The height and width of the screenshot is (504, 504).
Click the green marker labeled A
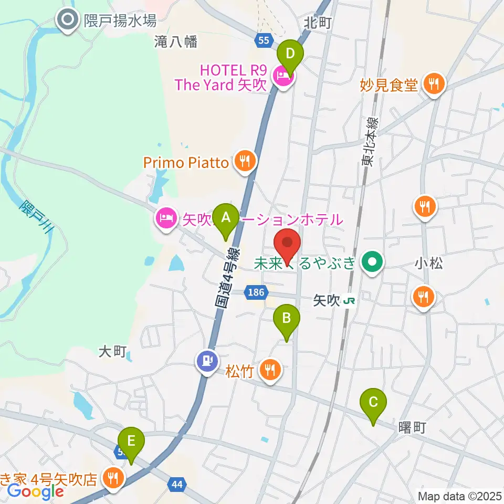point(226,217)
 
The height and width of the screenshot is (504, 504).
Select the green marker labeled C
point(373,403)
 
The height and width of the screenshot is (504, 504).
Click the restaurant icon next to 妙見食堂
point(434,83)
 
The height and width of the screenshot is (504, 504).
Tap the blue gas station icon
point(207,361)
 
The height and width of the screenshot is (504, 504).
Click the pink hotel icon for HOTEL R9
point(283,77)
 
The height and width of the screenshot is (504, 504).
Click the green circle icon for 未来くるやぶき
point(373,262)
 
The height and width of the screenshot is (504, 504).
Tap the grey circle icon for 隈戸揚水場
point(68,21)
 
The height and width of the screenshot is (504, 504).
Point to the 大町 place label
point(112,351)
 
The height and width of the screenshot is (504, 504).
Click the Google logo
point(36,491)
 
